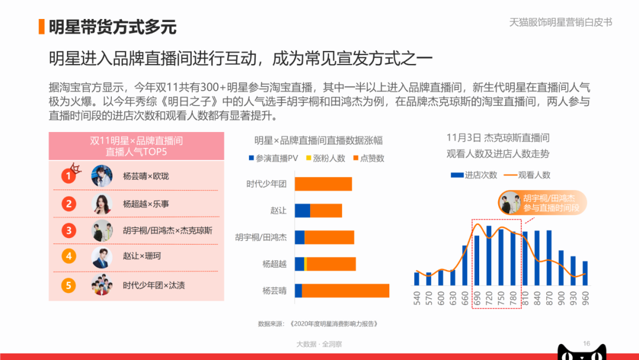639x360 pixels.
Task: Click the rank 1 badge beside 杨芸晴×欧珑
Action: click(69, 176)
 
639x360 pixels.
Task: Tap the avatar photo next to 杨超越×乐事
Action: click(102, 204)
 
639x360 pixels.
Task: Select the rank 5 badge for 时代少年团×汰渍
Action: click(69, 285)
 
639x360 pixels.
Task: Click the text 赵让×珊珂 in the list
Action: click(142, 256)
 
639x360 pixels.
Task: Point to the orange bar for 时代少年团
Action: click(323, 184)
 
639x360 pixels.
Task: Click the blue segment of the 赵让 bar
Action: click(302, 211)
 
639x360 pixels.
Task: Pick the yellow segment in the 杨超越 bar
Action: click(306, 264)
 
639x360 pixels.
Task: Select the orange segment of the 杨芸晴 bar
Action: click(346, 291)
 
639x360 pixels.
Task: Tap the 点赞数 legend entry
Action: click(369, 158)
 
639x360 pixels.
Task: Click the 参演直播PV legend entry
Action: click(273, 158)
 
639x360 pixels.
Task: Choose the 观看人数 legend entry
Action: click(527, 175)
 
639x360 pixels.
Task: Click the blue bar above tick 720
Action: click(489, 256)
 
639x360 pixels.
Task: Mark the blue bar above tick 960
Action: click(585, 273)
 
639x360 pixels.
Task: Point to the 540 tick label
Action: click(417, 298)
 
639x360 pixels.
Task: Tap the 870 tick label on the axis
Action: click(549, 298)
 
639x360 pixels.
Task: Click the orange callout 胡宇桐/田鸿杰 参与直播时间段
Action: click(543, 202)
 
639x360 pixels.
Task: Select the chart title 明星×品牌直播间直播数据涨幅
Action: click(318, 141)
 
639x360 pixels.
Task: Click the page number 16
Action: click(586, 343)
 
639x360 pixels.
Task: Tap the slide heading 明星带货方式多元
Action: click(112, 27)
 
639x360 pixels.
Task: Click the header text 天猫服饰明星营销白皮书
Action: click(561, 22)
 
